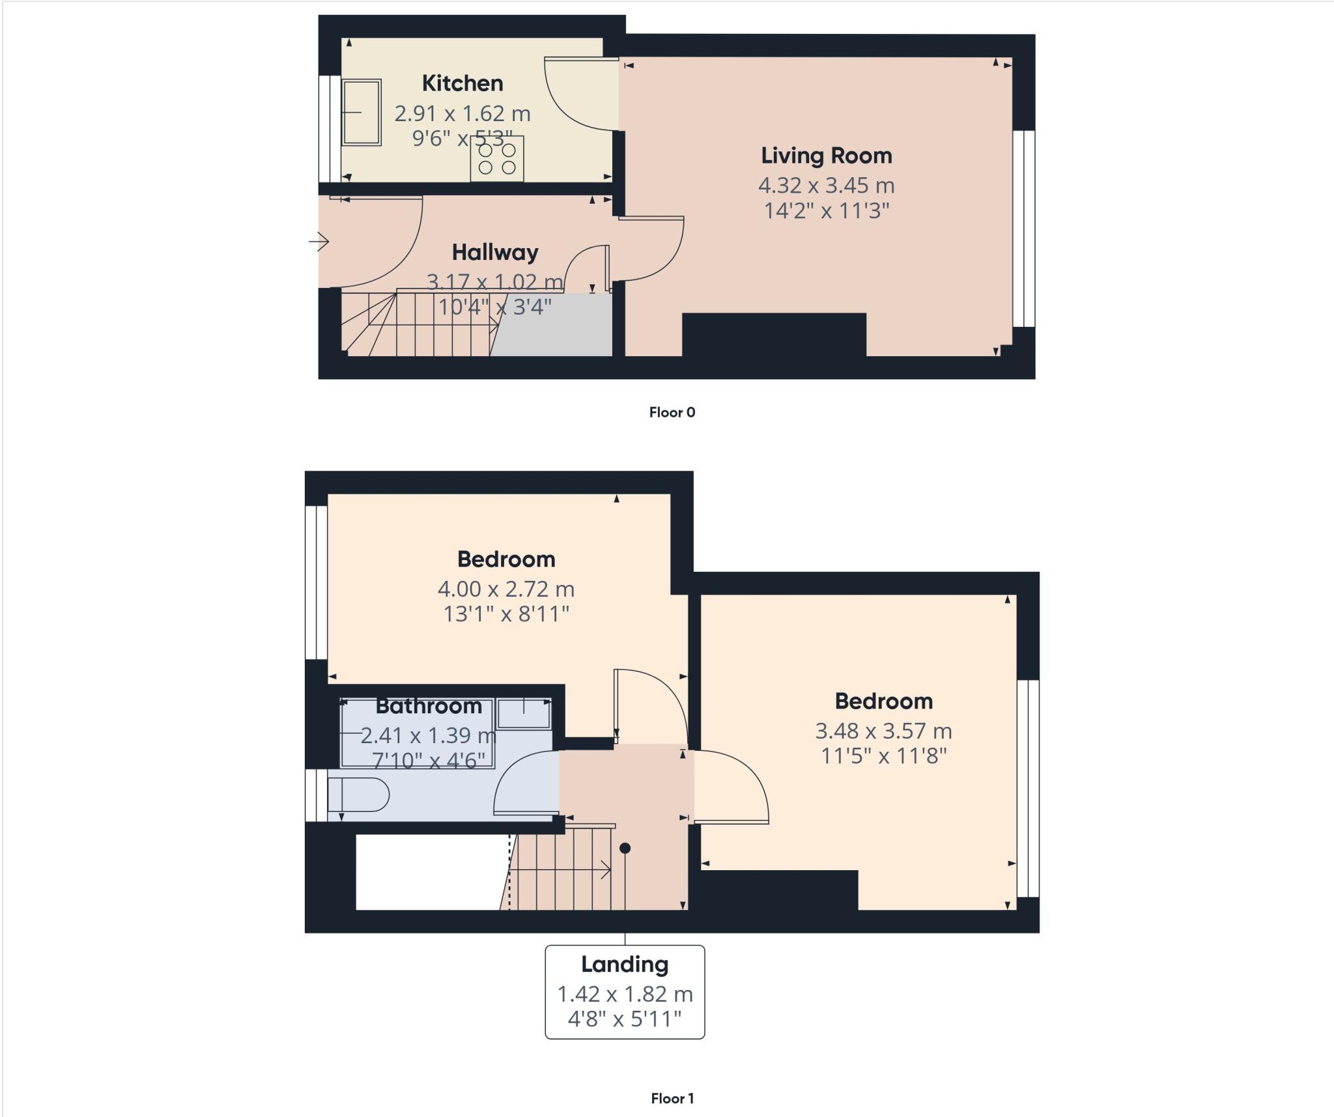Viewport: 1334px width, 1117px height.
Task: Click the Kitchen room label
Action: click(x=462, y=83)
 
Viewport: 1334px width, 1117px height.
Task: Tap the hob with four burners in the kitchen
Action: click(x=497, y=159)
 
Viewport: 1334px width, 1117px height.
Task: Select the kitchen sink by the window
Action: click(x=362, y=112)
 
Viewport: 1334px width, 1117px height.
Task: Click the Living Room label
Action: click(x=827, y=156)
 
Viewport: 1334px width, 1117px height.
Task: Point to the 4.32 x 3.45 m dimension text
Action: click(x=826, y=186)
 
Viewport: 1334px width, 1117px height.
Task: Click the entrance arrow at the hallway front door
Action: click(x=319, y=242)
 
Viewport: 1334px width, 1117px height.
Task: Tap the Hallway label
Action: click(x=495, y=253)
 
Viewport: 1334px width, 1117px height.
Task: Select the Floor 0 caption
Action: click(x=672, y=412)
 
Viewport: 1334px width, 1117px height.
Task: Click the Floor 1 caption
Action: click(x=672, y=1099)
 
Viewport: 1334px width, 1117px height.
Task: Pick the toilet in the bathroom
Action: click(x=358, y=795)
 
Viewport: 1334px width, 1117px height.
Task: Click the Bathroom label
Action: click(x=429, y=706)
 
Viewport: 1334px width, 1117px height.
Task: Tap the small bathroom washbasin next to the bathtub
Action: click(x=524, y=713)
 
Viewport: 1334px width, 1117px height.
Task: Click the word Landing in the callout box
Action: click(x=625, y=965)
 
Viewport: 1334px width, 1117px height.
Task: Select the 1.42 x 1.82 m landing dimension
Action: click(x=625, y=995)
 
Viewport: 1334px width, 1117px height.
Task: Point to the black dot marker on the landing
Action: click(x=625, y=848)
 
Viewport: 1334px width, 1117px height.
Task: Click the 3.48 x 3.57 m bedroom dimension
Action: click(x=883, y=731)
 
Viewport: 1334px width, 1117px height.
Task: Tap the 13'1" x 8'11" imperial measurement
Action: click(x=506, y=614)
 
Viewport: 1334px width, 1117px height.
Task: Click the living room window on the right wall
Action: click(x=1024, y=228)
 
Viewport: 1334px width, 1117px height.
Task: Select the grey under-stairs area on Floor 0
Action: click(x=554, y=326)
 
